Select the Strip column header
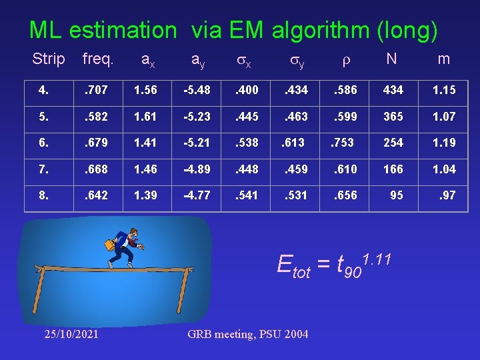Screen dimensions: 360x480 click(x=49, y=59)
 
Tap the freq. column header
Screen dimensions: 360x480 click(x=97, y=59)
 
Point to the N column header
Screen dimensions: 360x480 click(x=391, y=59)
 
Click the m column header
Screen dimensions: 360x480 click(x=444, y=59)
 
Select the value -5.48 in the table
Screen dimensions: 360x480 click(x=197, y=89)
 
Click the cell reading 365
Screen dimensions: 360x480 click(x=393, y=116)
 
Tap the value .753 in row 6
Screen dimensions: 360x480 click(x=344, y=143)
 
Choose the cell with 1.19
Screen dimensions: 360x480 click(x=444, y=143)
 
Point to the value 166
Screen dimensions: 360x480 click(x=393, y=169)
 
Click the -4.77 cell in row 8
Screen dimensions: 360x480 click(x=197, y=196)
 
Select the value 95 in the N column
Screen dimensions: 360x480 click(x=396, y=196)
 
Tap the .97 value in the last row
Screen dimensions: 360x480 click(x=447, y=196)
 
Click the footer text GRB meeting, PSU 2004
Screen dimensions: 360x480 click(x=248, y=333)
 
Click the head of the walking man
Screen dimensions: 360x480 click(x=133, y=233)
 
